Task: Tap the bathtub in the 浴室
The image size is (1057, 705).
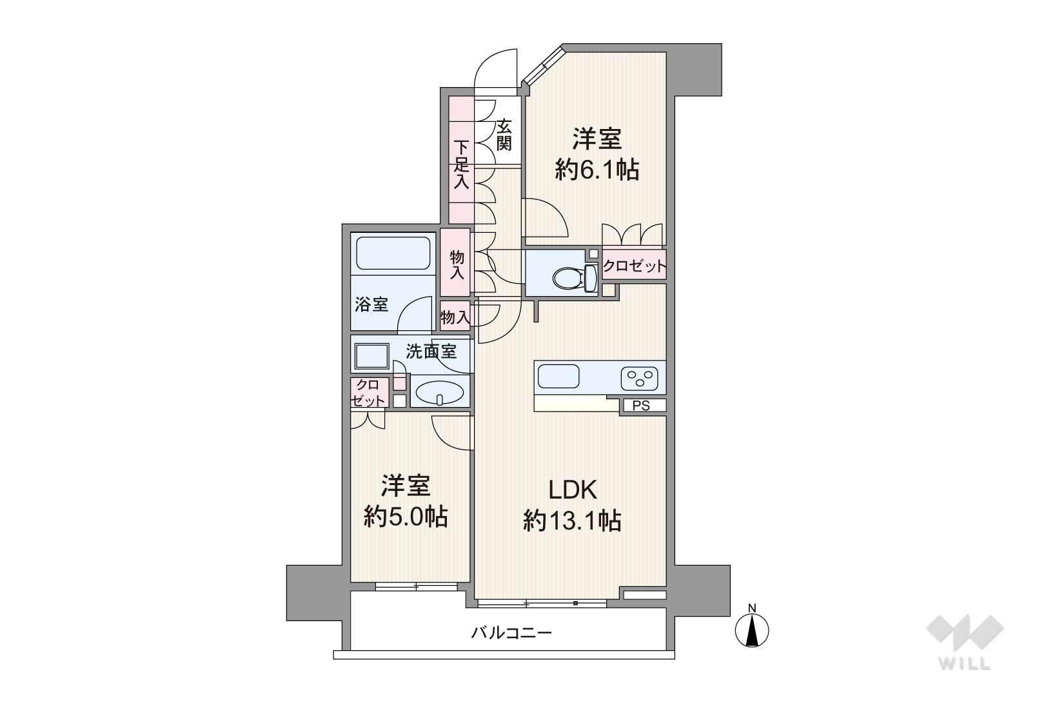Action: tap(393, 253)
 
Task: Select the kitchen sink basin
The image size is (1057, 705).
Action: tap(558, 376)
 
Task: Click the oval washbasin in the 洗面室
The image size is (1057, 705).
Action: tap(440, 392)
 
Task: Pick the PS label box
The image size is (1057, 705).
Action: tap(643, 405)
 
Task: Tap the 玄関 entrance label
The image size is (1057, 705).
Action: tap(504, 135)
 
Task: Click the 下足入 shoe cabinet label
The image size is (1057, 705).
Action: tap(462, 164)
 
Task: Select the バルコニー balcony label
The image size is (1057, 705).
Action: tap(511, 632)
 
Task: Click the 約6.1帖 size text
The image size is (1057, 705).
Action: tap(597, 170)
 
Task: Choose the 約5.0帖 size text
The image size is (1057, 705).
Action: tap(406, 517)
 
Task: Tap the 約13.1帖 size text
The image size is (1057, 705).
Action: tap(572, 521)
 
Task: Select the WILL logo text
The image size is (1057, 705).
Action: tap(965, 664)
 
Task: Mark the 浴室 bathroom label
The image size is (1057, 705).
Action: tap(371, 304)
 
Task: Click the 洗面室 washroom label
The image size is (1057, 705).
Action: tap(431, 352)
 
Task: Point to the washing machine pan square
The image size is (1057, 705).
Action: tap(372, 357)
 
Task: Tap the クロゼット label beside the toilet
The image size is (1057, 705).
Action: tap(635, 266)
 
